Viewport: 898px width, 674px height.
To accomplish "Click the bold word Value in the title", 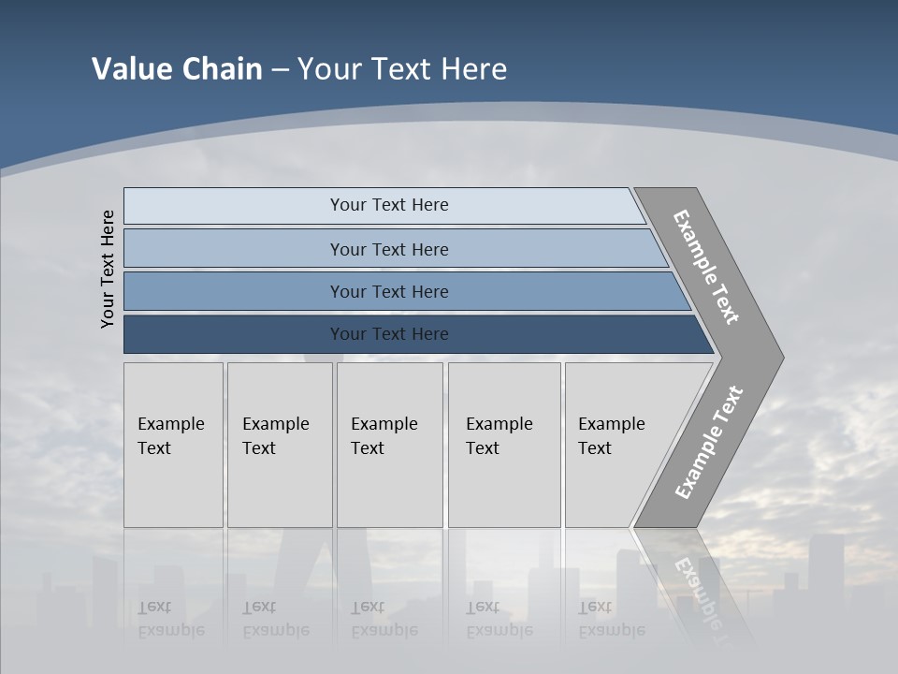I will tap(131, 69).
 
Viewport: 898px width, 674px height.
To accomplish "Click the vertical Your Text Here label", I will tap(108, 269).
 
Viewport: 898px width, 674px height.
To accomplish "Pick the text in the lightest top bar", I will tap(389, 205).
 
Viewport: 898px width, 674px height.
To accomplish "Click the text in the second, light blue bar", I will tap(389, 249).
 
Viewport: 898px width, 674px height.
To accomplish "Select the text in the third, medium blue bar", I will tap(389, 292).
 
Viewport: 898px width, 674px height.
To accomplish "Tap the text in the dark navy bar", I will tap(389, 334).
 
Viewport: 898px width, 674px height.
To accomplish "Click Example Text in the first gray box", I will tap(170, 436).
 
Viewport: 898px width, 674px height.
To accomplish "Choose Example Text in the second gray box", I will tap(275, 436).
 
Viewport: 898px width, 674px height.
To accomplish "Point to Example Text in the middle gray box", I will tap(384, 436).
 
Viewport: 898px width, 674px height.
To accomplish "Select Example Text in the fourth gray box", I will tap(499, 436).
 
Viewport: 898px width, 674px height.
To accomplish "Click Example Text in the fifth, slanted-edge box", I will tap(611, 436).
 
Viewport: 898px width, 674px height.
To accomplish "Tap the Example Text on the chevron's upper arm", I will tap(706, 267).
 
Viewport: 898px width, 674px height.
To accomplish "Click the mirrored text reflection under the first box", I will tap(170, 618).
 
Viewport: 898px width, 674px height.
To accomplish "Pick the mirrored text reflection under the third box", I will tap(384, 618).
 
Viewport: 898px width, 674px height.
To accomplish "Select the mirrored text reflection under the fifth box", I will tap(611, 618).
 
